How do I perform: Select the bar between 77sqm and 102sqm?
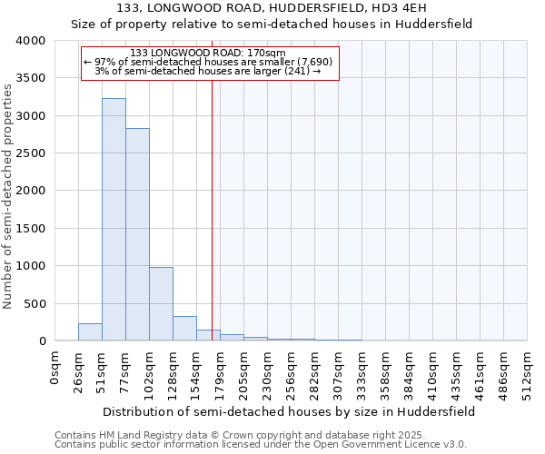(x=137, y=234)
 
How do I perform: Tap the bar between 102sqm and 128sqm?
(x=161, y=304)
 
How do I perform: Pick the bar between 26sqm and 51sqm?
(x=90, y=332)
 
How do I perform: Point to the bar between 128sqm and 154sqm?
(x=184, y=329)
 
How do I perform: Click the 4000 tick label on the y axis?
(x=30, y=41)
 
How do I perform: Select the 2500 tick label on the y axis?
(x=30, y=153)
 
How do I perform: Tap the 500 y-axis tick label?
(x=34, y=303)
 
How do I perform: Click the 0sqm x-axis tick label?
(x=55, y=370)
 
